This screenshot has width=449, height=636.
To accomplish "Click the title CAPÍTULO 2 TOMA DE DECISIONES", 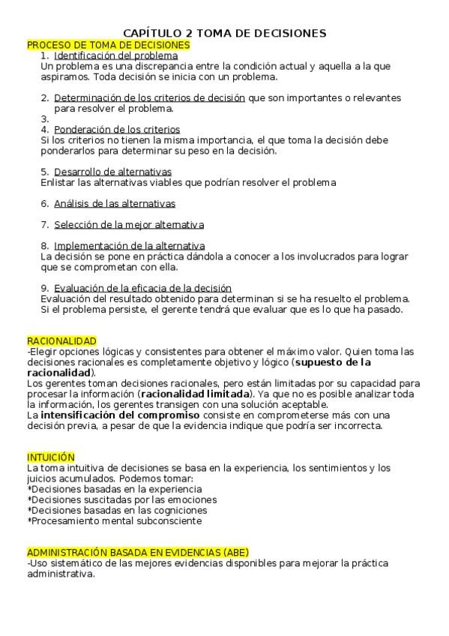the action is point(224,33).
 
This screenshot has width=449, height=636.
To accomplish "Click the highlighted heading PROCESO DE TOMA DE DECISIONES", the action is point(109,45).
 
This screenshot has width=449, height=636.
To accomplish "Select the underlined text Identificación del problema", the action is point(116,55).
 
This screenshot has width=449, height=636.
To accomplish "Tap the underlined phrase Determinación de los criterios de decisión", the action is point(149,97).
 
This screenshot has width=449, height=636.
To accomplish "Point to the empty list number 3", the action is point(45,118).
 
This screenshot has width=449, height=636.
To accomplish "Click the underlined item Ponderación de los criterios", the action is point(117,129).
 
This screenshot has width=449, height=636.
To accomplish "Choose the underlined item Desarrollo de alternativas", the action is point(112,172).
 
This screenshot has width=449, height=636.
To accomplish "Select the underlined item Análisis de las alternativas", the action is point(115,203).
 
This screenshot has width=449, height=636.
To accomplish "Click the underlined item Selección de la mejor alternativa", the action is point(129,224).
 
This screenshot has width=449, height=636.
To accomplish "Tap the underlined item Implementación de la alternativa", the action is point(130,245).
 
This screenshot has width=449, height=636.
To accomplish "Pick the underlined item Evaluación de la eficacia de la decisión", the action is point(142,288).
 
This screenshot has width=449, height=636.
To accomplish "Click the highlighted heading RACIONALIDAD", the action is point(61,341).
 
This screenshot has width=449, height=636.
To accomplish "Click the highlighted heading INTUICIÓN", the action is point(51,457).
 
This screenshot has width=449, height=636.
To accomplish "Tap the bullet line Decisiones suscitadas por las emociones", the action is point(124,499).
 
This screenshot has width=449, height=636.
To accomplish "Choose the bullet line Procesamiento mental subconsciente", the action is point(116,520).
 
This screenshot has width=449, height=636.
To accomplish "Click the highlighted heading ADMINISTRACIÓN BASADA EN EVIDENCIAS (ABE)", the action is point(138,552).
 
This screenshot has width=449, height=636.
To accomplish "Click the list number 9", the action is point(45,288).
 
